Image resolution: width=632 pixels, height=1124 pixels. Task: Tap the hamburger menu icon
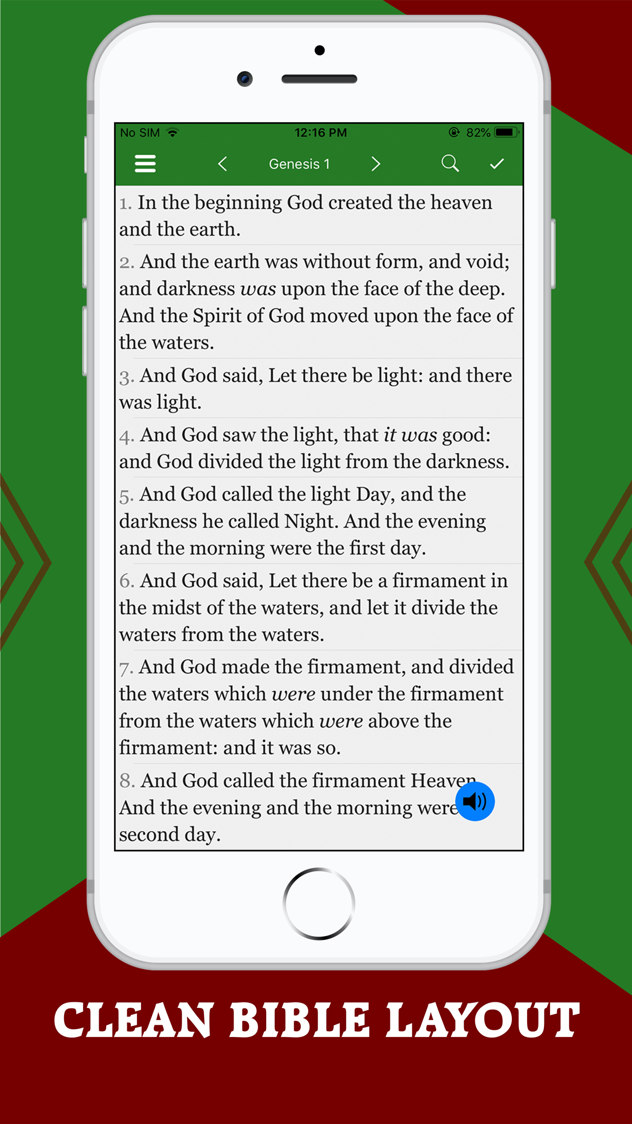tap(145, 164)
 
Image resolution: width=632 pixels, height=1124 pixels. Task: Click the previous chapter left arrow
tap(222, 164)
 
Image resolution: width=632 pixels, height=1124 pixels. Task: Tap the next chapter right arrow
tap(376, 164)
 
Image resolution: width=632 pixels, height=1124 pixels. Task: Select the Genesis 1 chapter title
tap(299, 164)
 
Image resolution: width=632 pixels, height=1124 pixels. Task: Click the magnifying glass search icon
tap(450, 164)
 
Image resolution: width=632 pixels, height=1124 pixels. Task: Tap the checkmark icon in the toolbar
tap(497, 164)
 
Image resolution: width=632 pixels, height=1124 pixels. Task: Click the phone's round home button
tap(319, 903)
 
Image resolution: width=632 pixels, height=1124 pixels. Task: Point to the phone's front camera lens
tap(245, 79)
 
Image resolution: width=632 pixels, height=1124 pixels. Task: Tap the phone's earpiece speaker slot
tap(319, 79)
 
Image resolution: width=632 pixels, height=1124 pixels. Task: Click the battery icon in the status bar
tap(506, 132)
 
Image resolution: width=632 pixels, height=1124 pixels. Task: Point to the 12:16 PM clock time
tap(321, 133)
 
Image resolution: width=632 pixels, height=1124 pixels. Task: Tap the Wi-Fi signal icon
tap(173, 133)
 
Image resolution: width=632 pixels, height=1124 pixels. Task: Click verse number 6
tap(126, 582)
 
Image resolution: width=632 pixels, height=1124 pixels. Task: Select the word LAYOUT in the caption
tap(482, 1020)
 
